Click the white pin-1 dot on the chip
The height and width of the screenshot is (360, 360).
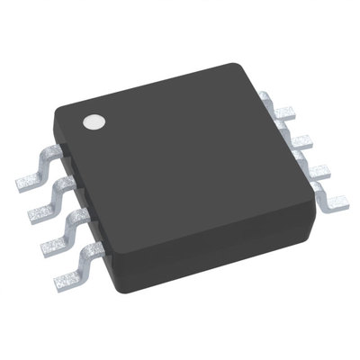click(93, 121)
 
